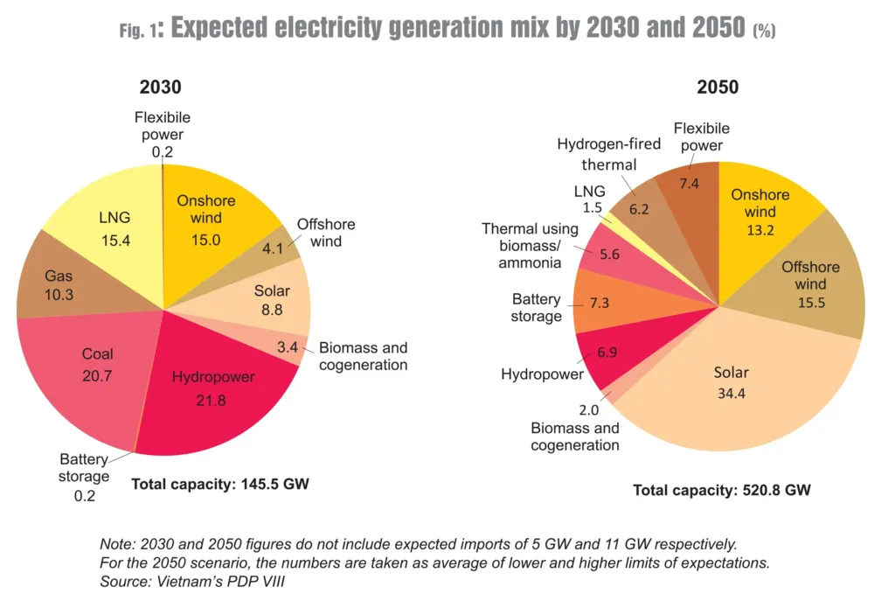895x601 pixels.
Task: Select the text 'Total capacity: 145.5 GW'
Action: pos(220,483)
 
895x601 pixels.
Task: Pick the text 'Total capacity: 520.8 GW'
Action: pos(722,490)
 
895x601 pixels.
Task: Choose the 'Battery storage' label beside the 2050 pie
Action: pos(537,307)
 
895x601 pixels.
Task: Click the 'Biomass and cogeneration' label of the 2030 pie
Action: pos(363,356)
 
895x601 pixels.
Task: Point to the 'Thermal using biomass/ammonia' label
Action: pos(530,246)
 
